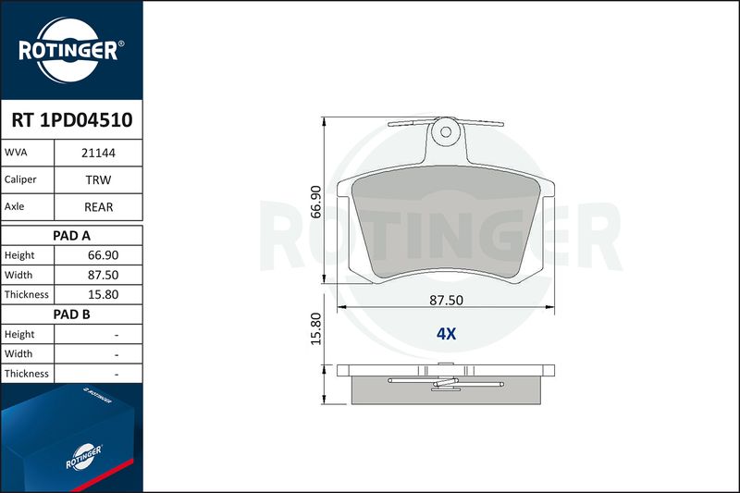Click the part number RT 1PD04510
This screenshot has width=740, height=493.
[x=72, y=120]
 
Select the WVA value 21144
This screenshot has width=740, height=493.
[x=98, y=153]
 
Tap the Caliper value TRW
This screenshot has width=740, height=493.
[x=98, y=179]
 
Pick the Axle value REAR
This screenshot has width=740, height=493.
[x=98, y=207]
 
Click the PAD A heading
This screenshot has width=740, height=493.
[x=71, y=236]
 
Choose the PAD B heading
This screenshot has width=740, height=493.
[x=71, y=314]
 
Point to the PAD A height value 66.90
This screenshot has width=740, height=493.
[x=103, y=255]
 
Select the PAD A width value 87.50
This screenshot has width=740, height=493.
[x=103, y=275]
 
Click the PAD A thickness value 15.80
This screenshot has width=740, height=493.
[x=103, y=294]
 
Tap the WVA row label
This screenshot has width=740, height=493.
[x=16, y=153]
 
